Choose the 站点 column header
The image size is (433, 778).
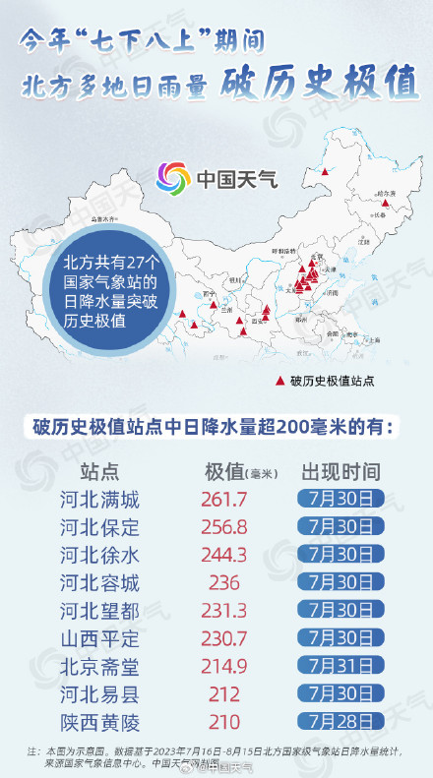pyautogui.click(x=100, y=471)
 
